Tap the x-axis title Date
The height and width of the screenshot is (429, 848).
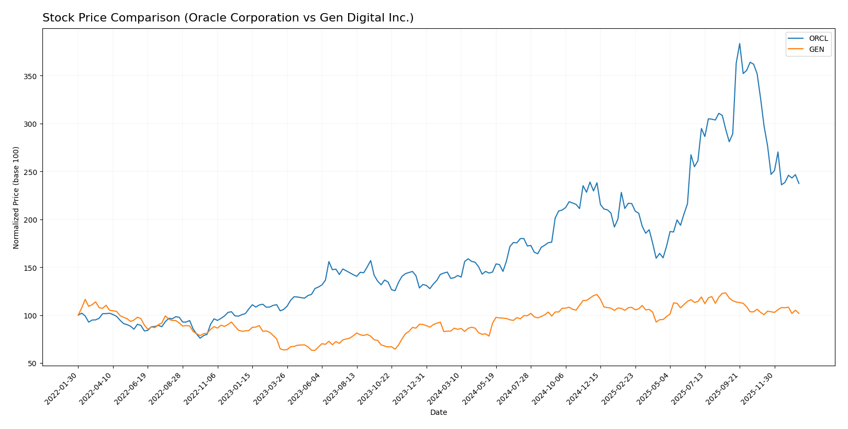(x=438, y=413)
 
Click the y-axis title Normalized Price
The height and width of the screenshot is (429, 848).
(x=16, y=197)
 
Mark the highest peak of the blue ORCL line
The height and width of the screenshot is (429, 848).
(x=740, y=43)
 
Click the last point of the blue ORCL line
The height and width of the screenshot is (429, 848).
(x=799, y=183)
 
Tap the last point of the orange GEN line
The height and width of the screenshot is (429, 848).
(x=799, y=313)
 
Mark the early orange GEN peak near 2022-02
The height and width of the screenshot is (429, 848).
(x=85, y=299)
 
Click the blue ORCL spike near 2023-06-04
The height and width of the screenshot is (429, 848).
(x=329, y=261)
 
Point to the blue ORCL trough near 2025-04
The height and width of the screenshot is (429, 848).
(x=656, y=258)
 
